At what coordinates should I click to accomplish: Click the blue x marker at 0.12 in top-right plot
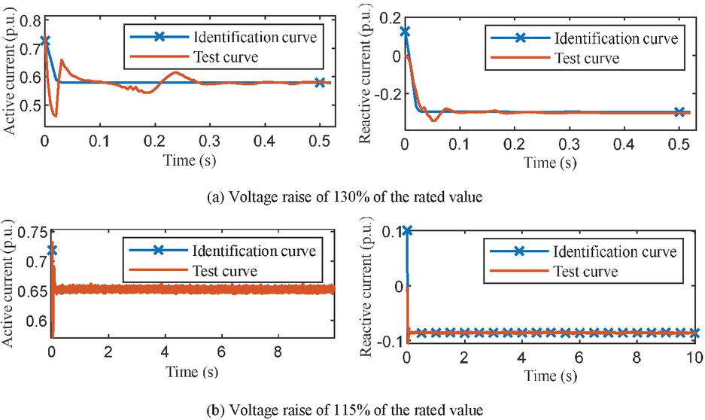coord(406,32)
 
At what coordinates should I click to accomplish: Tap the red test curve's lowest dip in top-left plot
coord(55,115)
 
